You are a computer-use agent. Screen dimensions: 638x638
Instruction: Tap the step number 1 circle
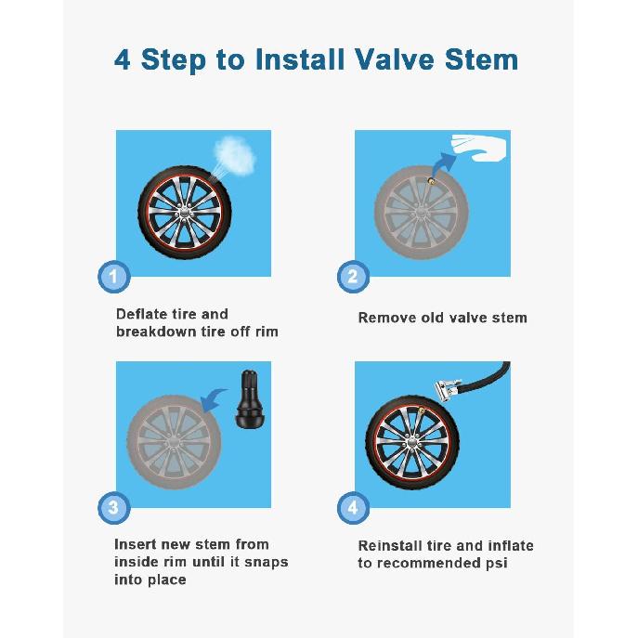113,276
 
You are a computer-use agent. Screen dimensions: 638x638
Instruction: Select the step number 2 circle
352,276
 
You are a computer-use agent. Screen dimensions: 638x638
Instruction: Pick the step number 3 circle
113,507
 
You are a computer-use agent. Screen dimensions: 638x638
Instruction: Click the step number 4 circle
352,507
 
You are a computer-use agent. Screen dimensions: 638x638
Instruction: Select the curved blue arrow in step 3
216,400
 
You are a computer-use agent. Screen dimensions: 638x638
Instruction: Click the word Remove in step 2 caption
385,318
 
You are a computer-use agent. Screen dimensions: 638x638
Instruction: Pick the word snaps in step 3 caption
267,562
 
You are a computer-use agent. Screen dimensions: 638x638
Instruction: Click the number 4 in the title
123,59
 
